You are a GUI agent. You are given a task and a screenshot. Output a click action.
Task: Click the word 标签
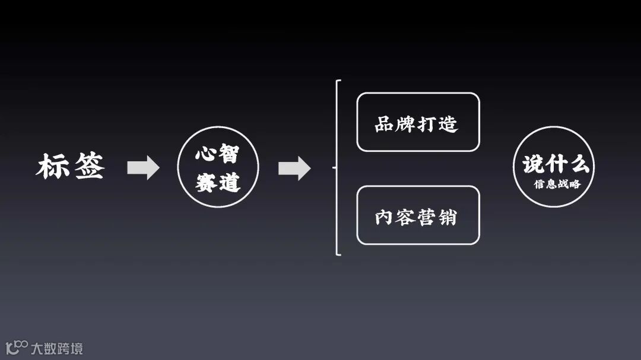point(71,167)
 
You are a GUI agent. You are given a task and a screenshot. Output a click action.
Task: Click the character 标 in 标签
point(53,167)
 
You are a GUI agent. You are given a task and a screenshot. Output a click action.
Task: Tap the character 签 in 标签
point(88,167)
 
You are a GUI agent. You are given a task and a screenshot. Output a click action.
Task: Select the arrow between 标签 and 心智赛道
point(143,168)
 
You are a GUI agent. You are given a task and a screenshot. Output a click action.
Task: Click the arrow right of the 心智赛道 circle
point(294,168)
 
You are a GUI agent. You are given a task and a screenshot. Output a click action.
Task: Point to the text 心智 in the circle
point(217,155)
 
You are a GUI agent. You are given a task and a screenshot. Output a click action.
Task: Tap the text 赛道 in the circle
point(217,183)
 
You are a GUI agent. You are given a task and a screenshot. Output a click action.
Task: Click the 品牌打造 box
point(417,122)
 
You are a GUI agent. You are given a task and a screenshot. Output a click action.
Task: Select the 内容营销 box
point(417,215)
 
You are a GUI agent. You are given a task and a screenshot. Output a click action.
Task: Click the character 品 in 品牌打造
point(385,124)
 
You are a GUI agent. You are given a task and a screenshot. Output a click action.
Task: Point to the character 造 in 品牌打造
point(449,124)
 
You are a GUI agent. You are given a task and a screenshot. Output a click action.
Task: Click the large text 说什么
point(556,164)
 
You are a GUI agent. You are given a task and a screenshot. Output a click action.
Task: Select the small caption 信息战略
point(557,184)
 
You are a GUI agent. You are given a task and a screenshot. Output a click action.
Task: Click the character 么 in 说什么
point(578,164)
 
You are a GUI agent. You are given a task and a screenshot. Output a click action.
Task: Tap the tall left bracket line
point(337,168)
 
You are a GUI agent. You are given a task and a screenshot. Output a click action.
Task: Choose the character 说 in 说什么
point(534,164)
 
